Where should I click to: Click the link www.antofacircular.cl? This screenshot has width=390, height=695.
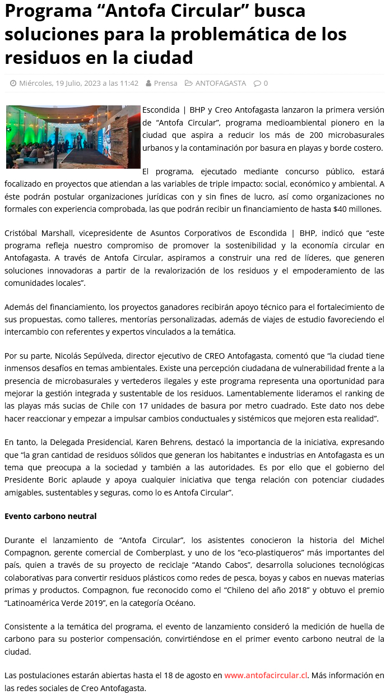(266, 675)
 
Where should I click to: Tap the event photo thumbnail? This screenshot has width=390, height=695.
(73, 137)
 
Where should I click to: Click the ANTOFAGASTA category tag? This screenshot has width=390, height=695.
(220, 83)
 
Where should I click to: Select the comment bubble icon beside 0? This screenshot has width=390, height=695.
(257, 84)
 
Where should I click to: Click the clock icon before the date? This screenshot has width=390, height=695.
(13, 84)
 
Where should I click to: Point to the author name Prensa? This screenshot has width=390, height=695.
(165, 83)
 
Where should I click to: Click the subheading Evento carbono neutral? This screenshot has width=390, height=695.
(50, 516)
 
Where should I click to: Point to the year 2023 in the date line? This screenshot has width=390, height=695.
(91, 83)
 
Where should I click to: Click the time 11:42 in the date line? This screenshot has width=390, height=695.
(129, 83)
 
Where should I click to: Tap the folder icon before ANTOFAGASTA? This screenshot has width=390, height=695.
(189, 84)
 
